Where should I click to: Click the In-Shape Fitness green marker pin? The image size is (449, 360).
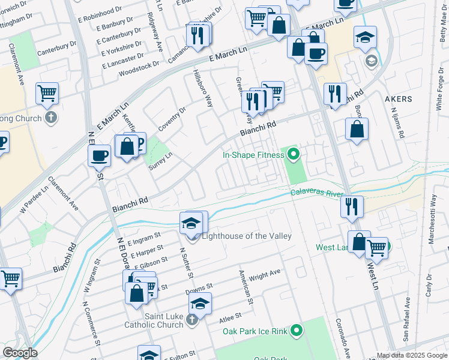click(293, 155)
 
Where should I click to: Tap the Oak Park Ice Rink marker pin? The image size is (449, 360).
click(297, 330)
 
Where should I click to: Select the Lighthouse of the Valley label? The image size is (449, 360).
click(246, 236)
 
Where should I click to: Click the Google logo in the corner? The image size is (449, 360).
click(20, 352)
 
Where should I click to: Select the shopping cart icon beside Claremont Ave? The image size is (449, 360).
click(47, 93)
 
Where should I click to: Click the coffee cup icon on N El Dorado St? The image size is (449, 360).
click(99, 156)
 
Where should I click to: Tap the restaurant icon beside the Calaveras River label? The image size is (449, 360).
click(352, 206)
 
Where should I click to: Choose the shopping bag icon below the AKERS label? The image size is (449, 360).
click(357, 129)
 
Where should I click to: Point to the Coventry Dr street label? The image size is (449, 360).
click(172, 119)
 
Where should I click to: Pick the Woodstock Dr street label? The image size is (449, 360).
click(139, 64)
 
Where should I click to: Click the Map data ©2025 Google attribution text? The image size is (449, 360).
click(412, 355)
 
